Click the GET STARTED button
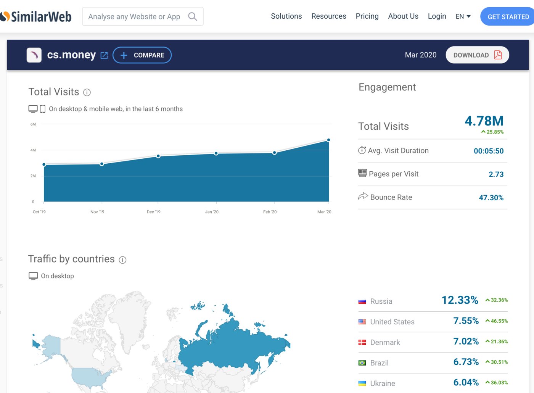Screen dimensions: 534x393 coord(507,16)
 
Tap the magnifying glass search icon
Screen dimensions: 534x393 coord(192,16)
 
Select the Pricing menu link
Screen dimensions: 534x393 coord(367,16)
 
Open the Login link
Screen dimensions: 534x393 coord(437,16)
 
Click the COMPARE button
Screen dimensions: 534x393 coord(142,55)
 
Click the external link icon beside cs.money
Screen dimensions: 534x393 coord(104,55)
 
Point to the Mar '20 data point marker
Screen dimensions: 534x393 coord(328,140)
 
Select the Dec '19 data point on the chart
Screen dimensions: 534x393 coord(158,156)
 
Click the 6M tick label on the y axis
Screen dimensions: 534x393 coord(33,124)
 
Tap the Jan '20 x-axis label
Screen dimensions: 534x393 coord(212,212)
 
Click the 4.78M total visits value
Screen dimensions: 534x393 coord(484,121)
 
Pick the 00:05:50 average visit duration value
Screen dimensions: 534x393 coord(489,151)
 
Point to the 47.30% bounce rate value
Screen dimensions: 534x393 coord(491,198)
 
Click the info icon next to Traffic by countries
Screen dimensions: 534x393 coord(122,260)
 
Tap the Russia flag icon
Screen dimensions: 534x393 coord(362,302)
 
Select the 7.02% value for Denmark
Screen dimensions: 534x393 coord(466,341)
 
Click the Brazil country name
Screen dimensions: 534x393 coord(379,363)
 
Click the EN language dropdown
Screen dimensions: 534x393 coord(463,16)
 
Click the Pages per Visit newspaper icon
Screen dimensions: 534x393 coord(362,173)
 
